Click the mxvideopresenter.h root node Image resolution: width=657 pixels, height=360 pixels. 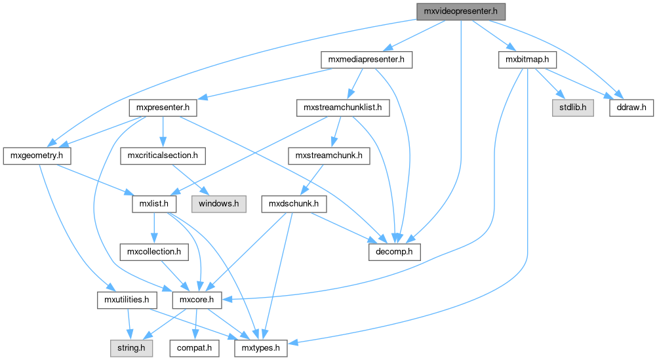(462, 11)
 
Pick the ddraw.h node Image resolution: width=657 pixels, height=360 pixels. (631, 107)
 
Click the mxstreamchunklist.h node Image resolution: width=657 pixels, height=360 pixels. (342, 107)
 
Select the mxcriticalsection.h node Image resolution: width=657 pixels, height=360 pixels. (163, 156)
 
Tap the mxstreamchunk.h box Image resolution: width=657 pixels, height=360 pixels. (328, 156)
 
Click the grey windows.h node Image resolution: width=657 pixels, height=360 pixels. (219, 204)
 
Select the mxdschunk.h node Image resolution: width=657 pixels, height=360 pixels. (293, 204)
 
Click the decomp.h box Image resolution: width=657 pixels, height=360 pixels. (393, 252)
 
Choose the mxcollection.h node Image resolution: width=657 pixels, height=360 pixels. (154, 252)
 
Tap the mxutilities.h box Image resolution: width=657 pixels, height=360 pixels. (127, 300)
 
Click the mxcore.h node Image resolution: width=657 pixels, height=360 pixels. (193, 300)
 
